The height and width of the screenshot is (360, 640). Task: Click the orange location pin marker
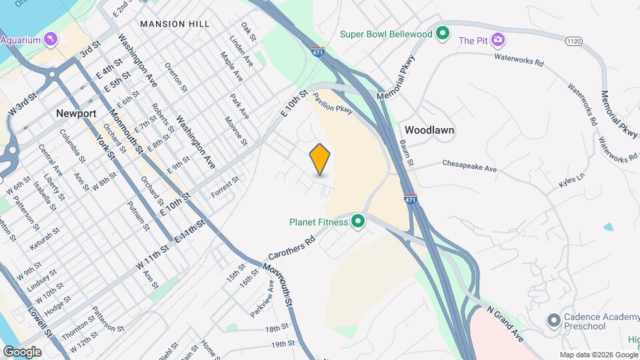tap(320, 159)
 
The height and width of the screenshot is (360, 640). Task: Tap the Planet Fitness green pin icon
tap(358, 221)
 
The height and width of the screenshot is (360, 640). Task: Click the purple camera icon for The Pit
tap(497, 40)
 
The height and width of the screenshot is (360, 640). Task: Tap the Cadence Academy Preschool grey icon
tap(553, 321)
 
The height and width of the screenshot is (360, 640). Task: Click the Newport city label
tap(76, 113)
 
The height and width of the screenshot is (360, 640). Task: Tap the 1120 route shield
tap(574, 41)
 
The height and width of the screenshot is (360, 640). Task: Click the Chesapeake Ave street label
tap(469, 165)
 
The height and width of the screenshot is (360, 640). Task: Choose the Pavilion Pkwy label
tap(334, 105)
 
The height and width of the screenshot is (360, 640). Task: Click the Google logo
tap(23, 351)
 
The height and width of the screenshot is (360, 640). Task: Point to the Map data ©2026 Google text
tap(598, 355)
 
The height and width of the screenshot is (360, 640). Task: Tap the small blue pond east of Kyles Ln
tap(608, 227)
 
